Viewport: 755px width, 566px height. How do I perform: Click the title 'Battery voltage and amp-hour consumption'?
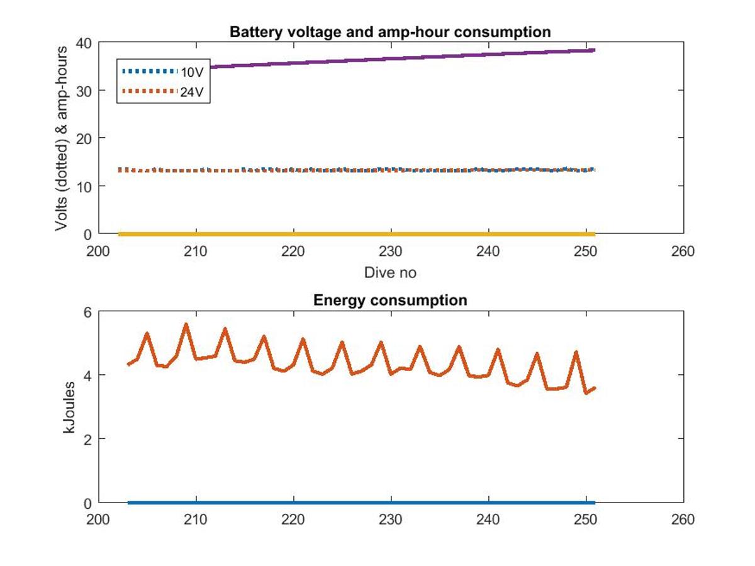[390, 31]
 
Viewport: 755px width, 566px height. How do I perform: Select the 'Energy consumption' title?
[390, 300]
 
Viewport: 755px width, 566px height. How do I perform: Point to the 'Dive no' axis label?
[390, 273]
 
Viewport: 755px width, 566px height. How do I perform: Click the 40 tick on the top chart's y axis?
[83, 43]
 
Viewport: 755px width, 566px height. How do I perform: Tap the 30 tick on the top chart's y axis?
[83, 91]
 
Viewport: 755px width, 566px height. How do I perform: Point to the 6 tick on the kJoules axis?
[87, 312]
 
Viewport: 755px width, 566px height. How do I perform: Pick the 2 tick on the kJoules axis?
[87, 439]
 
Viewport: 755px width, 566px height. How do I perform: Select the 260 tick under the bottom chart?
[683, 519]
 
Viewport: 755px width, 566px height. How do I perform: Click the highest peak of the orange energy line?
[186, 324]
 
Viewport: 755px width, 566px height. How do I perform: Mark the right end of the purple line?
[594, 50]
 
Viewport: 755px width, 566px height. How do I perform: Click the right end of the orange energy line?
[595, 387]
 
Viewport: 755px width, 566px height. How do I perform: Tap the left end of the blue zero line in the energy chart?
[128, 502]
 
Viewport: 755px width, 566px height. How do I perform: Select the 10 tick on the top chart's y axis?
[83, 186]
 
